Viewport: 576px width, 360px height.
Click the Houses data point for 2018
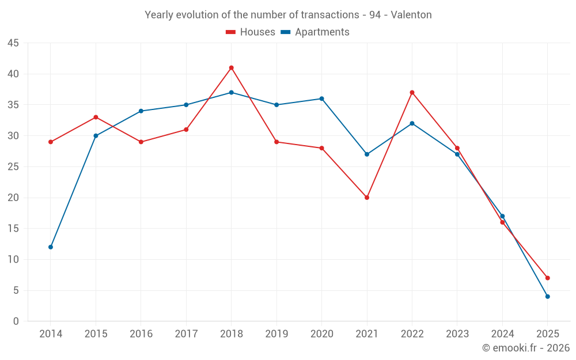[x=231, y=68]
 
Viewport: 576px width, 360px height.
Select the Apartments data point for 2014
[x=51, y=247]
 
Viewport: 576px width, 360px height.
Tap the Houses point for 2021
[x=367, y=198]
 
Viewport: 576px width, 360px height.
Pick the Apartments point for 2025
[x=548, y=297]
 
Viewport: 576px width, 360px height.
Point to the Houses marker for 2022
[x=412, y=92]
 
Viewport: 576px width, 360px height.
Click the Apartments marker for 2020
[x=321, y=98]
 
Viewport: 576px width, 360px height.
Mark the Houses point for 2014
[x=51, y=142]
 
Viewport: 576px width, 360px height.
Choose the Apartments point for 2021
[x=367, y=154]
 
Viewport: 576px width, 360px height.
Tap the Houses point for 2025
[x=548, y=278]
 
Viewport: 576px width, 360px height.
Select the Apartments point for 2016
[x=141, y=111]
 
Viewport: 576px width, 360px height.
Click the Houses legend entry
[x=251, y=32]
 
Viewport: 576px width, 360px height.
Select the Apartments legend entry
[x=315, y=32]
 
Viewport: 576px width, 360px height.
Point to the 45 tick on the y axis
[x=13, y=43]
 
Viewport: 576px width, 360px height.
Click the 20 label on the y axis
[x=13, y=198]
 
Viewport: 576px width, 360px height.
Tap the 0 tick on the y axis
[x=16, y=321]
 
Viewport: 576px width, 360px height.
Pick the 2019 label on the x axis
[x=276, y=334]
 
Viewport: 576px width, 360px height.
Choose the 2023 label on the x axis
[x=457, y=334]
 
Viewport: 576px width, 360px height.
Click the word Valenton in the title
[x=411, y=15]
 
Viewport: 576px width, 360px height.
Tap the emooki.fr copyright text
[x=526, y=348]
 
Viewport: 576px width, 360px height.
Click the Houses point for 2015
[x=96, y=117]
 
